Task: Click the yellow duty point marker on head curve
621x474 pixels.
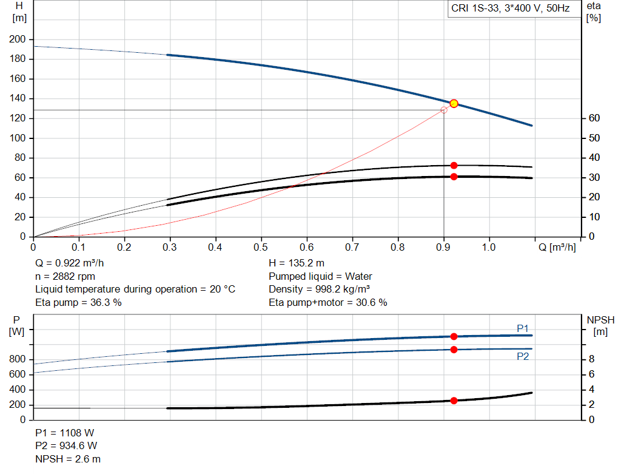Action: point(454,104)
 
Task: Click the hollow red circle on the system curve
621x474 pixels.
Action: point(444,110)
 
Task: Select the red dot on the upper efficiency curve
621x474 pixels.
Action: point(454,165)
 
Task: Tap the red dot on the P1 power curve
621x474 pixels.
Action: point(454,336)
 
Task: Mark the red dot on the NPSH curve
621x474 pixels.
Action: point(454,401)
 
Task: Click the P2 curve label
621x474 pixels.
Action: point(523,357)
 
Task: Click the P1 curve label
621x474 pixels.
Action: point(523,328)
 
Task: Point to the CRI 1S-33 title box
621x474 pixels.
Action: point(510,9)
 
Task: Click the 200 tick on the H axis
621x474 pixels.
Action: point(18,39)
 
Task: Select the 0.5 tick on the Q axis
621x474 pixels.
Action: point(261,248)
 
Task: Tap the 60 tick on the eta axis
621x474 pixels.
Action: point(594,118)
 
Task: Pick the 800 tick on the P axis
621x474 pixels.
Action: point(18,359)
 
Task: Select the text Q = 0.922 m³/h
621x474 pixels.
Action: point(73,263)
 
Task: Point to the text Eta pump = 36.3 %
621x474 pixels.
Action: point(78,302)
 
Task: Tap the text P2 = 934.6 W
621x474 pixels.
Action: point(66,445)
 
